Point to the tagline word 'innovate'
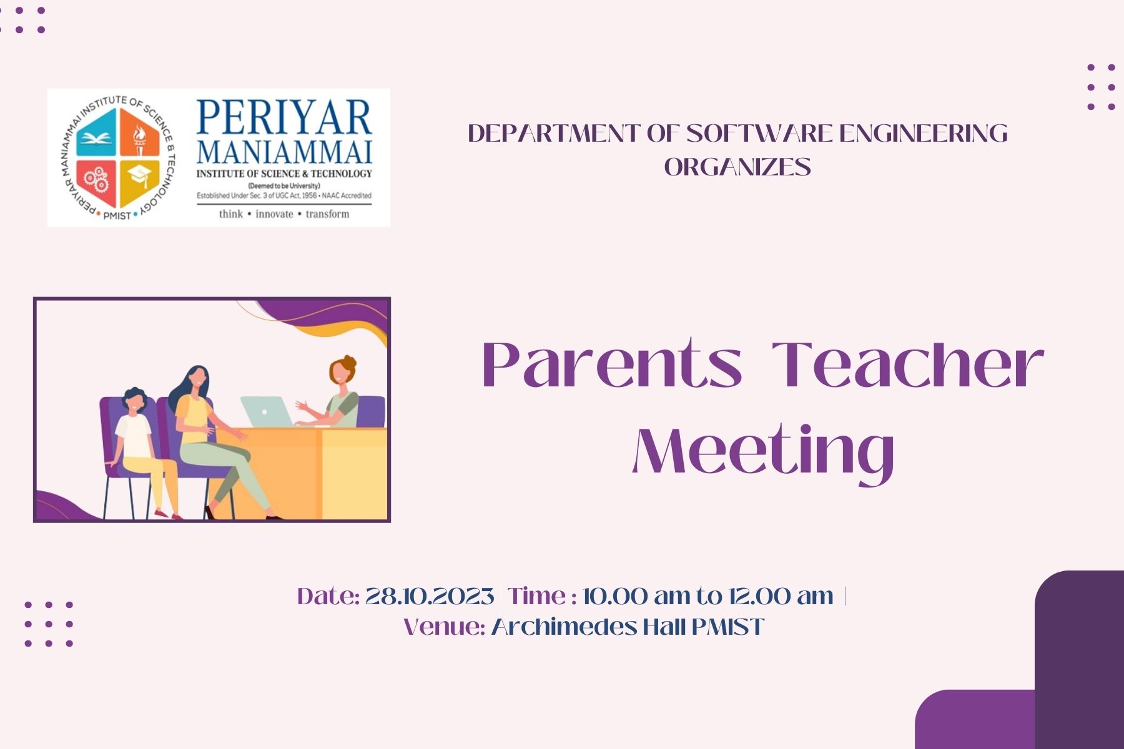274,214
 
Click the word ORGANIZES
737,167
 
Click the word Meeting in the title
763,451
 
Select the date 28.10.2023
430,596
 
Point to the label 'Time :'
542,596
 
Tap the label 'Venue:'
445,627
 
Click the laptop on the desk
267,411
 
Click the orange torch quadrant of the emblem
140,133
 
